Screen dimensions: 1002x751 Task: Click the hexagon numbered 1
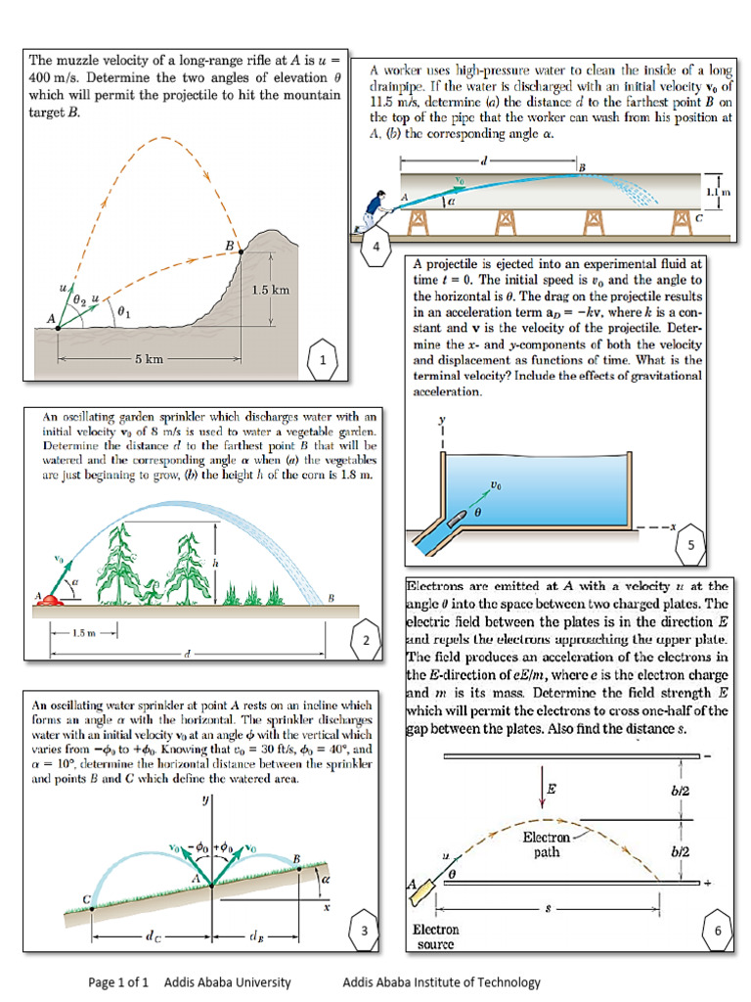323,361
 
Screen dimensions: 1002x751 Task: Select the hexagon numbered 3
365,931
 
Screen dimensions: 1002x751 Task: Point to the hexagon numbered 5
690,545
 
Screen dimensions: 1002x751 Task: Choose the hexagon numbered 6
717,931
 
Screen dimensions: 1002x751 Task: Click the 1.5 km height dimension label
271,291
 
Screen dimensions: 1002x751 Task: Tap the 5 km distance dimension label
149,359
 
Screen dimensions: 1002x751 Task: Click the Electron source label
435,936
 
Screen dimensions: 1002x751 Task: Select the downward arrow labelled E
541,786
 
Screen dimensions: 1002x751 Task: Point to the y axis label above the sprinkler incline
206,799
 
